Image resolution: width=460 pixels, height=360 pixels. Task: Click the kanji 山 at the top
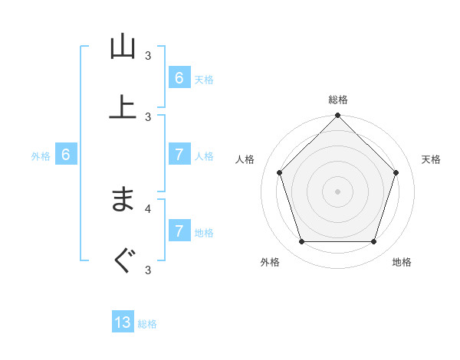123,47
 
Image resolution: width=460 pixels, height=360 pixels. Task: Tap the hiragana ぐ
123,262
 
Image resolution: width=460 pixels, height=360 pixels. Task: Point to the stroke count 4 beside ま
148,208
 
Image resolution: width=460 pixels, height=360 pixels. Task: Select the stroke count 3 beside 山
148,55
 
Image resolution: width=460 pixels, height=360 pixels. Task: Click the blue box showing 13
123,322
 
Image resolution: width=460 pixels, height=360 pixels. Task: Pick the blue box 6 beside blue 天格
179,78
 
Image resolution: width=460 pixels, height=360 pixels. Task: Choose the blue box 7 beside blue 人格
179,155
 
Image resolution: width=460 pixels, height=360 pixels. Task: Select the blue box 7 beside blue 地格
179,231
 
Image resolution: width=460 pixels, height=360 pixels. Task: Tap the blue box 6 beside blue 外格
66,155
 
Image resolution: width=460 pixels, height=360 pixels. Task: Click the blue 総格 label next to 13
147,324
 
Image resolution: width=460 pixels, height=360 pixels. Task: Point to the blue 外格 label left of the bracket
41,156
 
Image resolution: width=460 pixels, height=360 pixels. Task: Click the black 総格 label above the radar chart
337,100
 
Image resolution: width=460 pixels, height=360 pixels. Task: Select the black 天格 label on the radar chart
432,159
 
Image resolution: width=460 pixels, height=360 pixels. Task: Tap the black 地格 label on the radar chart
402,262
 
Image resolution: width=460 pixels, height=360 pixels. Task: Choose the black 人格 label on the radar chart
245,159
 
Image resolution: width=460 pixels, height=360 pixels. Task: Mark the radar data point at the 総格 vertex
337,116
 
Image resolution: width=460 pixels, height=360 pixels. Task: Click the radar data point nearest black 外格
301,242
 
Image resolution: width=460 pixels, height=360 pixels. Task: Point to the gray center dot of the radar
337,191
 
